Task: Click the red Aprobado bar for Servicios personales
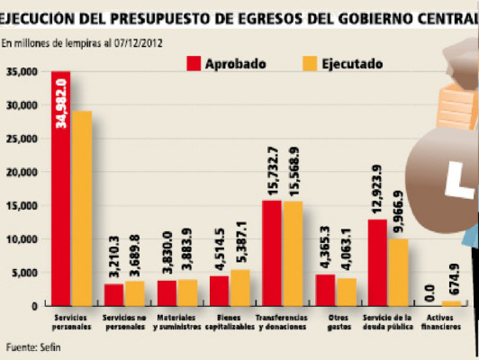tap(61, 189)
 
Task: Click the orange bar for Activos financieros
tap(452, 303)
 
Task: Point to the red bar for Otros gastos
tap(325, 290)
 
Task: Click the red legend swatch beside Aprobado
tap(193, 64)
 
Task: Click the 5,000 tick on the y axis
tap(23, 273)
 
